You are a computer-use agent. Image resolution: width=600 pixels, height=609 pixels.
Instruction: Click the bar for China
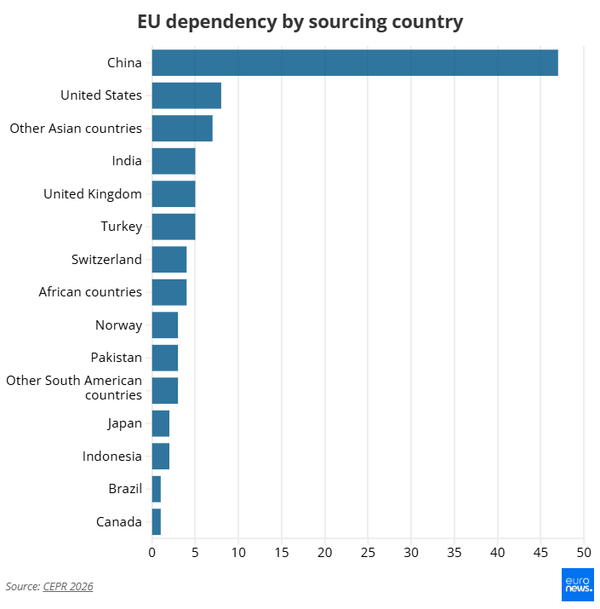355,62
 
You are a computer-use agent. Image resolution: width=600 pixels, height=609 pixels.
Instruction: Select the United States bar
186,95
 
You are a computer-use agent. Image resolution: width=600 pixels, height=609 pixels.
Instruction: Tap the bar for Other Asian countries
182,128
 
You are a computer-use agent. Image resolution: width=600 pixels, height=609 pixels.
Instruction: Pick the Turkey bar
174,227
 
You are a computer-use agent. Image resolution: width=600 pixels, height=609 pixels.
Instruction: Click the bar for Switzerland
169,260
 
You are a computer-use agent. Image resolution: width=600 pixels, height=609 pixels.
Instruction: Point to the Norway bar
165,325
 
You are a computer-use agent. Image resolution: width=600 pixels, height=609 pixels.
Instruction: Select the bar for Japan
161,423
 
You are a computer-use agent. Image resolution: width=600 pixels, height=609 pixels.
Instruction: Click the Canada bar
157,521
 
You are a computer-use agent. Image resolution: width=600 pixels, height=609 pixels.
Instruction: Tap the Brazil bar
157,489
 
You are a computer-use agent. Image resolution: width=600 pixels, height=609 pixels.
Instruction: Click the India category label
127,161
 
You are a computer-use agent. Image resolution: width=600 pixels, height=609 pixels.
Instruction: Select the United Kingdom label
93,194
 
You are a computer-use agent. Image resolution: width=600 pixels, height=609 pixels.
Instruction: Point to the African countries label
90,291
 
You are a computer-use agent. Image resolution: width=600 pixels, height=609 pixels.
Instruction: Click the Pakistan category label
116,358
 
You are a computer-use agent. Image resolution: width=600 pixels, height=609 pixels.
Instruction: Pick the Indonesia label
111,456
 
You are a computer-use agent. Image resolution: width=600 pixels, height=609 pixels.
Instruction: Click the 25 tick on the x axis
368,552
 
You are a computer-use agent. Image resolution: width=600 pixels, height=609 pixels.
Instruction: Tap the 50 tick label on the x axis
584,552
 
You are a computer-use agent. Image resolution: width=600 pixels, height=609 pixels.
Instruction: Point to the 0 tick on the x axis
151,552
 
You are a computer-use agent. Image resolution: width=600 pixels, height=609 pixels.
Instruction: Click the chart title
300,22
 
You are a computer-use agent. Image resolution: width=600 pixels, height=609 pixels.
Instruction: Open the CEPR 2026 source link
68,587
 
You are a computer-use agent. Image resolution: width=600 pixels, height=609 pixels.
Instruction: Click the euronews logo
578,584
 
